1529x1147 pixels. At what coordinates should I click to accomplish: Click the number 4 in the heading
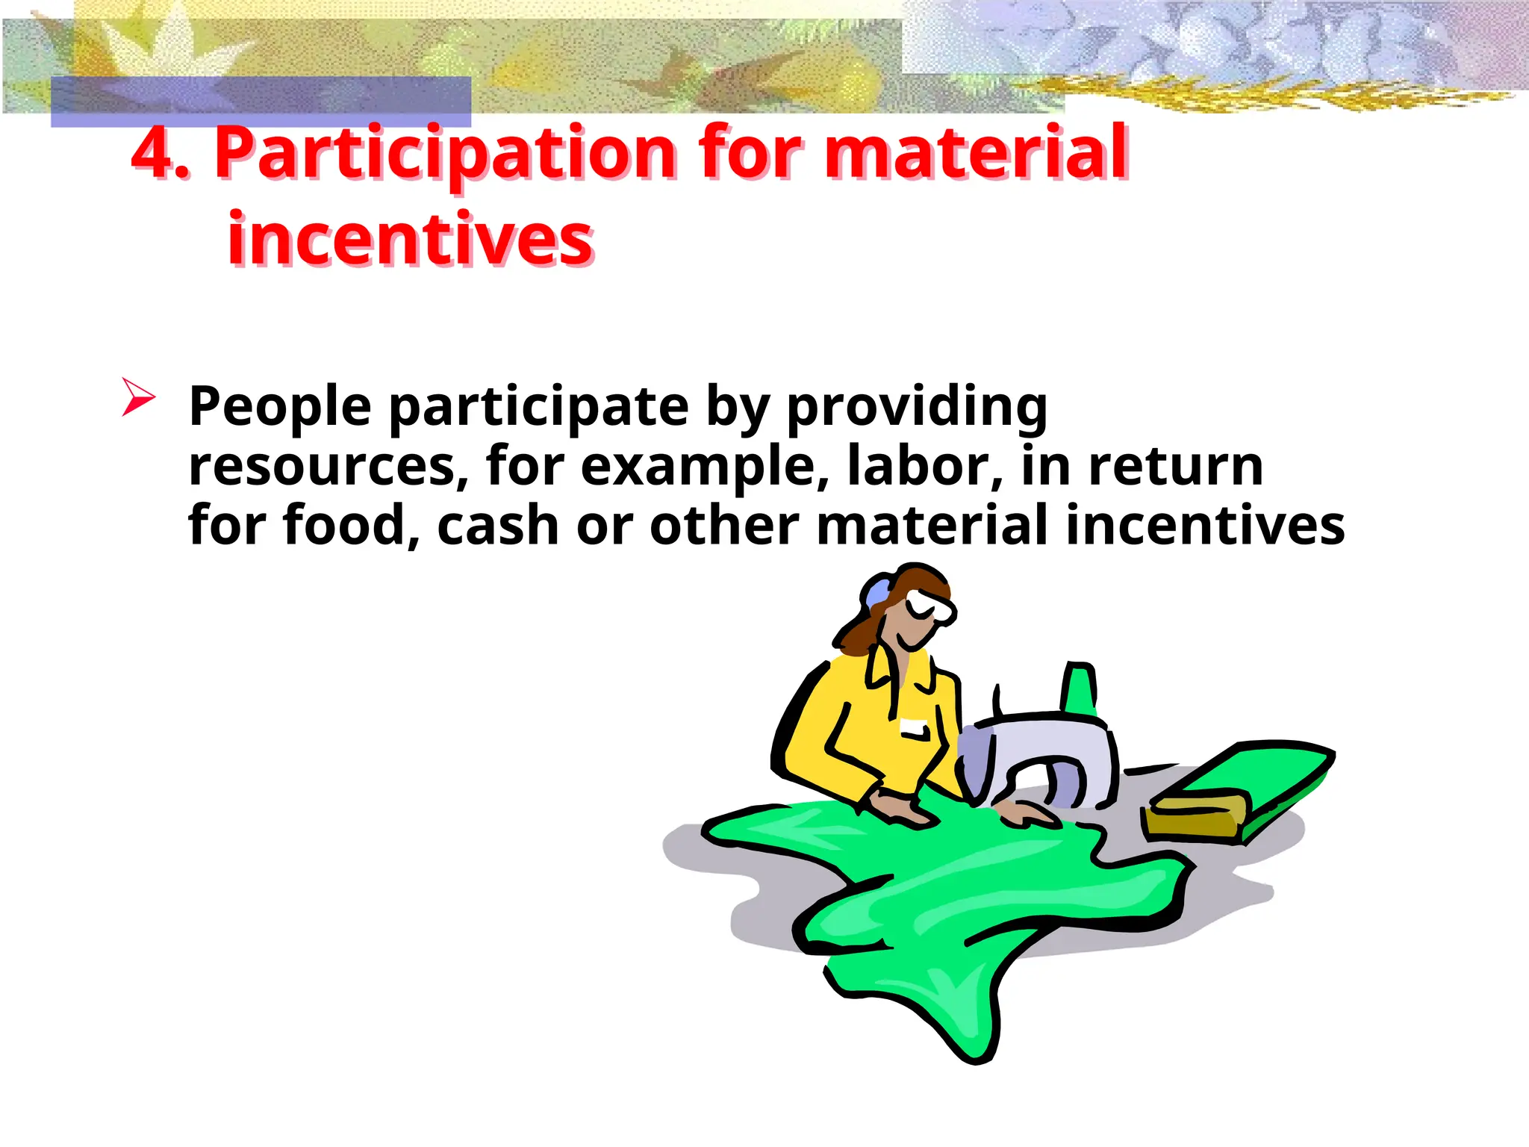coord(155,153)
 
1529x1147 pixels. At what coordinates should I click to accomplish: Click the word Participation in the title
coord(445,155)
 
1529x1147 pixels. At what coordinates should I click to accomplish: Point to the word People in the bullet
coord(280,407)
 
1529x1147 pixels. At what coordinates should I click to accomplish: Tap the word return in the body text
coord(1176,467)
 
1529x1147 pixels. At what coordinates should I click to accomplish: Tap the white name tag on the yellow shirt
coord(914,727)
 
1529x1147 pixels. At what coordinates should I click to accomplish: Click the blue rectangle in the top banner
coord(261,101)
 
